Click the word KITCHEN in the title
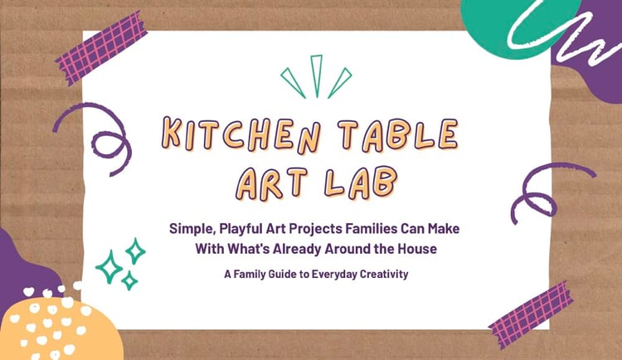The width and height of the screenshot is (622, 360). (x=241, y=135)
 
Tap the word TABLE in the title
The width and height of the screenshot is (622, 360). (x=397, y=134)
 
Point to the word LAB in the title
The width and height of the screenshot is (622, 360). (x=360, y=182)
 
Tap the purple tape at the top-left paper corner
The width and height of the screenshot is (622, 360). (x=101, y=47)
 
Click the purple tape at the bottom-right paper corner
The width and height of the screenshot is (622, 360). (x=531, y=314)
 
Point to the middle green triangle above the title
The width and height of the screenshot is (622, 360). (x=316, y=75)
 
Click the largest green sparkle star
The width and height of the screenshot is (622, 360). (x=109, y=267)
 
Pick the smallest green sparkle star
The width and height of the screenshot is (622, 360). (x=129, y=280)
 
